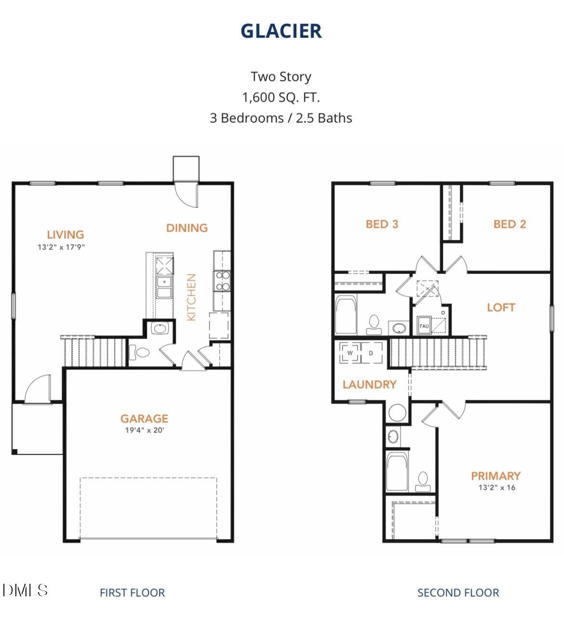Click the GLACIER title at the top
click(x=281, y=31)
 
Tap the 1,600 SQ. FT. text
click(x=281, y=97)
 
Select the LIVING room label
click(x=65, y=235)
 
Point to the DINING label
click(x=187, y=228)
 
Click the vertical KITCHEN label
click(x=191, y=297)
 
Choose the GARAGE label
click(x=144, y=419)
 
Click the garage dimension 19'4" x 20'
click(x=145, y=430)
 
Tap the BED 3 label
click(x=382, y=224)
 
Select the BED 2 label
click(x=510, y=224)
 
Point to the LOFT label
click(x=501, y=307)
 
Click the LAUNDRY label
click(x=369, y=384)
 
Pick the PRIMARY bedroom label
click(x=496, y=476)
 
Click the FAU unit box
click(x=424, y=326)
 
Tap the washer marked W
click(x=350, y=353)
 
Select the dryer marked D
click(x=371, y=353)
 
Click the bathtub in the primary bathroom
click(x=397, y=472)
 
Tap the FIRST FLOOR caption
click(x=132, y=592)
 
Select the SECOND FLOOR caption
click(x=458, y=592)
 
